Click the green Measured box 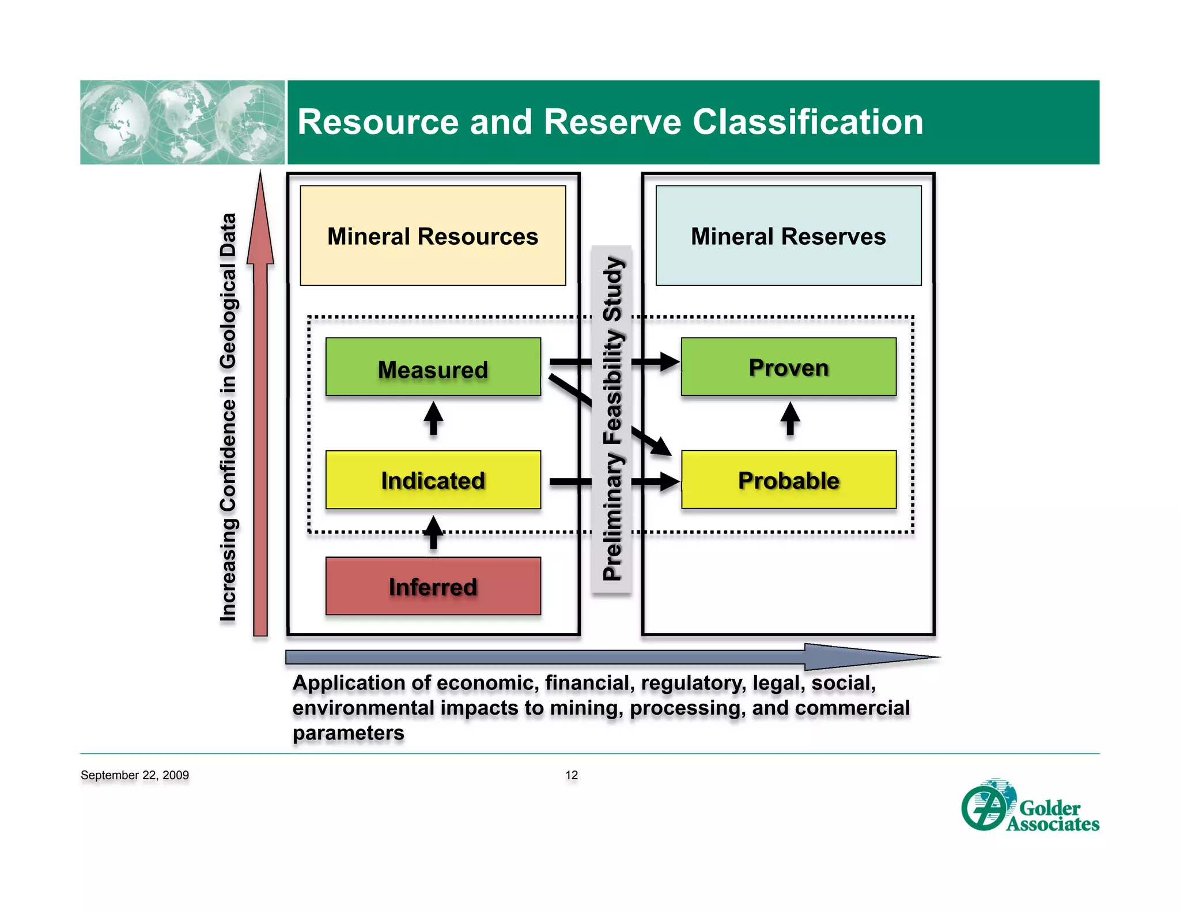pos(433,367)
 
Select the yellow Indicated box pos(433,480)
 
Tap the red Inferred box pos(433,586)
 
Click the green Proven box pos(788,367)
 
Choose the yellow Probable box pos(788,480)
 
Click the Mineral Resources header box pos(433,236)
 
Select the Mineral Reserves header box pos(788,236)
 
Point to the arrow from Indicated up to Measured pos(433,418)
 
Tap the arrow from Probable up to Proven pos(790,418)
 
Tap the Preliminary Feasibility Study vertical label pos(612,419)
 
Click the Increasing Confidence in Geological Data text pos(228,417)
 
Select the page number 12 pos(571,775)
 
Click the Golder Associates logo pos(1030,807)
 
